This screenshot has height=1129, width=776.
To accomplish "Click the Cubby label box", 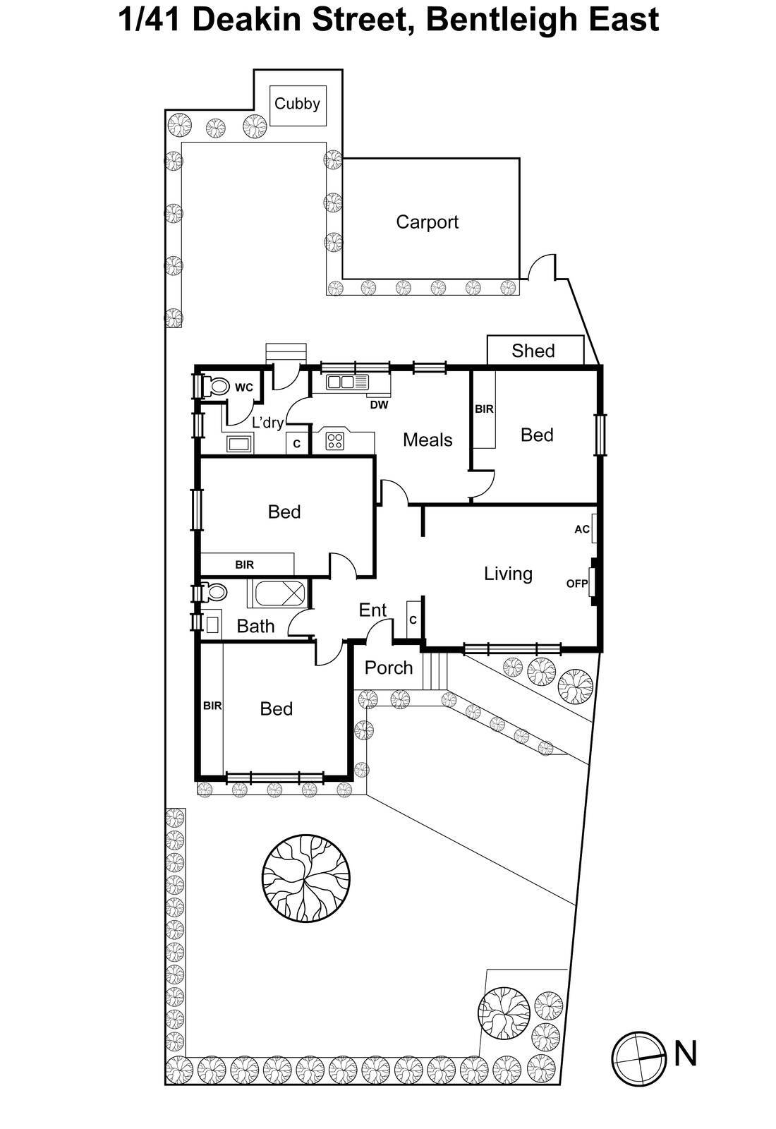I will tap(297, 104).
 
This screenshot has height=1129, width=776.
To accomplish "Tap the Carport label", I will tap(427, 222).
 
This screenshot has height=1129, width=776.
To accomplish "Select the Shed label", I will tap(533, 351).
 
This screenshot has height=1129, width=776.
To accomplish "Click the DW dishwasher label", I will tap(379, 405).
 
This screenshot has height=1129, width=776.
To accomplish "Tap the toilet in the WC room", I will tap(215, 387).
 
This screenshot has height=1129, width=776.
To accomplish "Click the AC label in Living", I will tap(582, 529).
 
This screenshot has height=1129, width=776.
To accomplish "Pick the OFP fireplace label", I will tap(577, 584).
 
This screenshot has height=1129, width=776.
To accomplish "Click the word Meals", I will tap(428, 440).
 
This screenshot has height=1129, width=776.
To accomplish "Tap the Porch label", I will tap(389, 668).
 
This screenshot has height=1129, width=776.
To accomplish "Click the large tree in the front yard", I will tap(306, 878).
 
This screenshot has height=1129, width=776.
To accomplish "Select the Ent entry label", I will tap(372, 610).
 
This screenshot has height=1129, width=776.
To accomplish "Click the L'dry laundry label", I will tap(267, 423).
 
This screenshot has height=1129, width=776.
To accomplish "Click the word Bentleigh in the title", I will tap(501, 20).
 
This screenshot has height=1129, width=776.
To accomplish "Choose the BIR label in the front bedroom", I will tap(212, 706).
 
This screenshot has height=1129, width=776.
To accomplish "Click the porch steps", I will tap(436, 671).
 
